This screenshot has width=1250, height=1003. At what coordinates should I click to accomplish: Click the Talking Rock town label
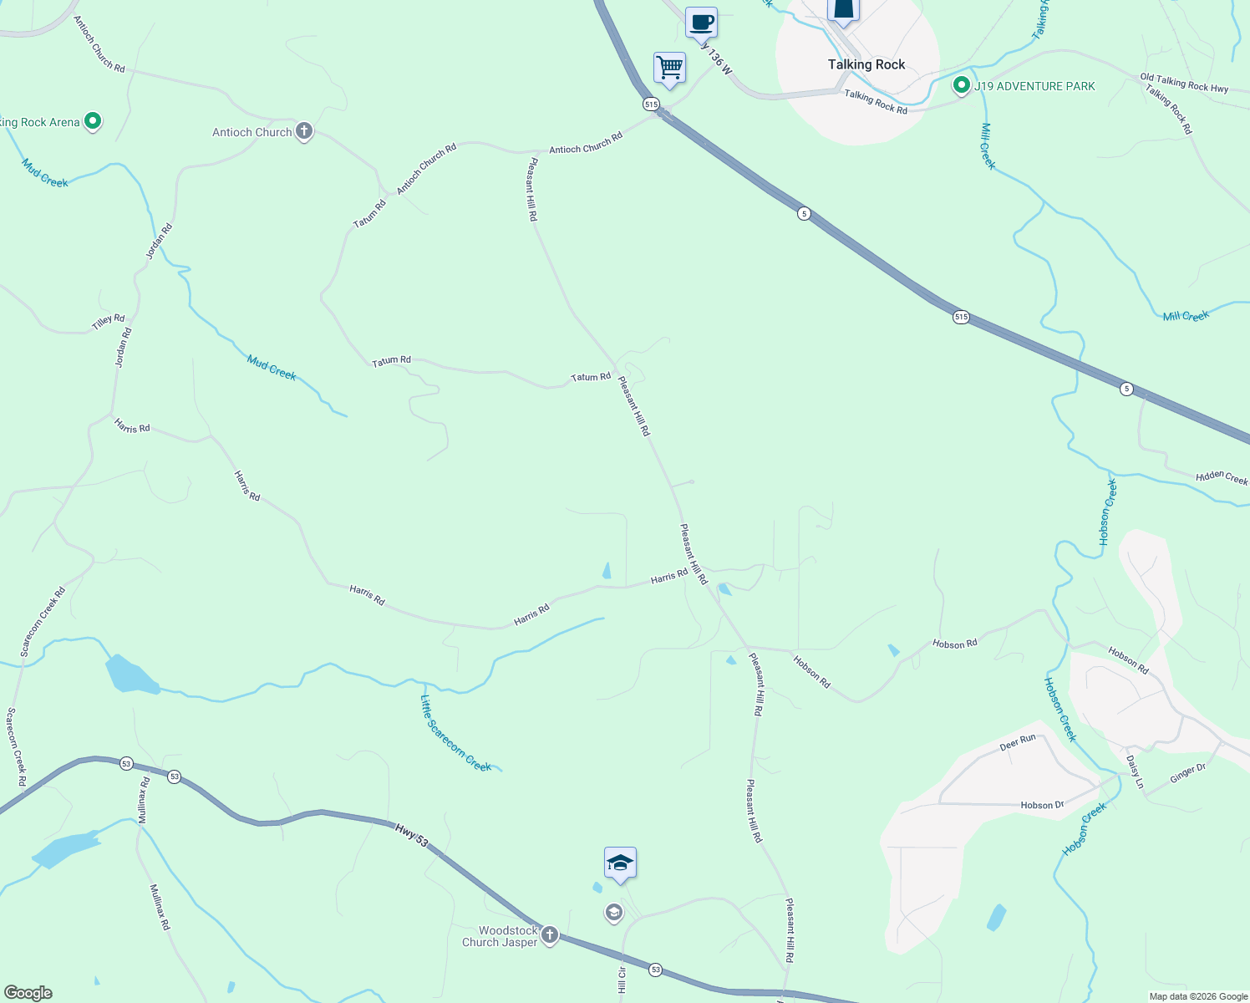point(866,64)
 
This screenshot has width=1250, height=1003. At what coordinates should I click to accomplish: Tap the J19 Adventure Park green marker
point(962,85)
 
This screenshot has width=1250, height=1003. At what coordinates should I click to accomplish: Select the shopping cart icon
point(669,67)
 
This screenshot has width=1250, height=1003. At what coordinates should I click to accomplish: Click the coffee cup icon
point(701,22)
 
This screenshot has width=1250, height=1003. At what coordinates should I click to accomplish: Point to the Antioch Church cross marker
point(304,131)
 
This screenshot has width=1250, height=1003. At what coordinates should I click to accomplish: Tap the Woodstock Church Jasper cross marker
point(549,935)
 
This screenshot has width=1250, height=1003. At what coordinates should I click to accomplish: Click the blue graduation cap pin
point(620,863)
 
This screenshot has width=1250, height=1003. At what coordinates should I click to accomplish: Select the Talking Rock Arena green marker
point(93,121)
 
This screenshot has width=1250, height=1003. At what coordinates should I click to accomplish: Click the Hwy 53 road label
point(412,835)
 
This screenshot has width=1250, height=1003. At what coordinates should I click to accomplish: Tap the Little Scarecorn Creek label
point(456,734)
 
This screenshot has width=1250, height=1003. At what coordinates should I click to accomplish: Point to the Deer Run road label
point(1018,742)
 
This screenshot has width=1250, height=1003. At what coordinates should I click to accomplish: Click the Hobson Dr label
point(1042,805)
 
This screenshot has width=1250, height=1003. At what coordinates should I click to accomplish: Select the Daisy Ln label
point(1135,772)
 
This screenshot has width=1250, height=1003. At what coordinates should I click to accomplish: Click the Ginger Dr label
point(1187,774)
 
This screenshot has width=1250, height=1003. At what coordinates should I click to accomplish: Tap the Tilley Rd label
point(109,322)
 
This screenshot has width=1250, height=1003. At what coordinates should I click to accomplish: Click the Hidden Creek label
point(1222,477)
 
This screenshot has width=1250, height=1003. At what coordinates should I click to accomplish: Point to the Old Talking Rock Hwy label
point(1184,83)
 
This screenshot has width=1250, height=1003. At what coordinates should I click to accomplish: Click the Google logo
point(28,993)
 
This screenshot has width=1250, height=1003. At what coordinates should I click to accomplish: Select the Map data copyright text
point(1198,996)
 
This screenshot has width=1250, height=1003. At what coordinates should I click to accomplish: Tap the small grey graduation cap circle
point(614,913)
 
